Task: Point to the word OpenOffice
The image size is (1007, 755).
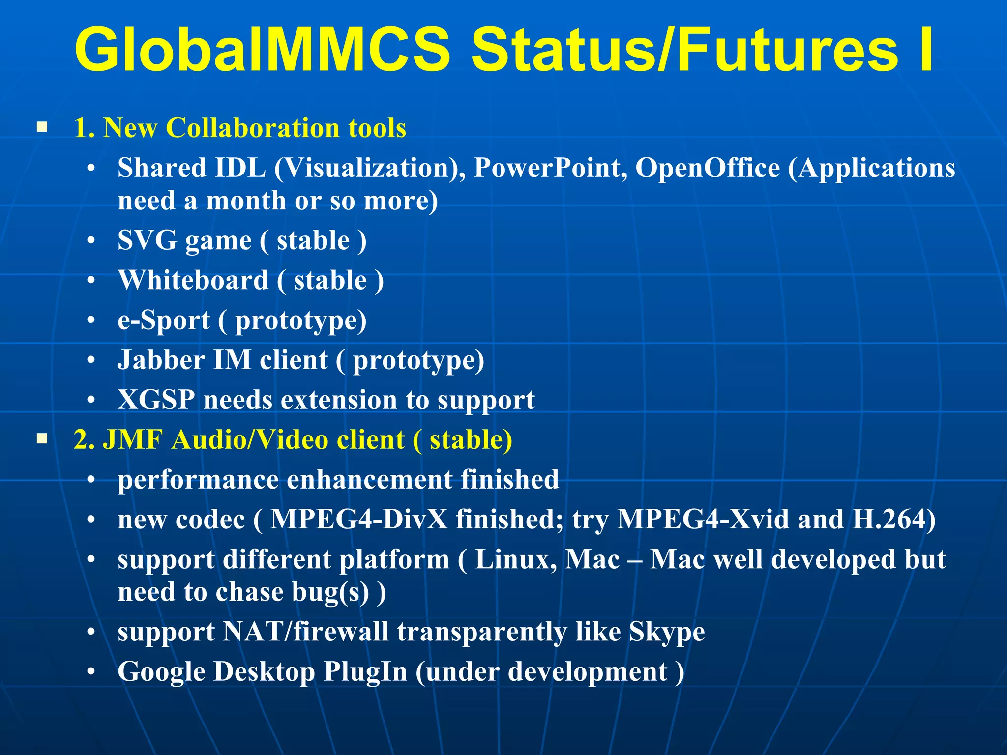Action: coord(708,168)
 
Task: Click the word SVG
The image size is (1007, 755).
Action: coord(147,240)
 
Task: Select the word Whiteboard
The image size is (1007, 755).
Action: coord(194,280)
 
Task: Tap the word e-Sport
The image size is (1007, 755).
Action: coord(164,320)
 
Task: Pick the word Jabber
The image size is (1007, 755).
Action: coord(161,360)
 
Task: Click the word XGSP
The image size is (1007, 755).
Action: coord(156,400)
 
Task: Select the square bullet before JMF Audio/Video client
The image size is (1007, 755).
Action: coord(42,438)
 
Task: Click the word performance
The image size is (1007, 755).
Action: coord(198,480)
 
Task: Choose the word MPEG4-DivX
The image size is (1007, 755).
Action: coord(359,520)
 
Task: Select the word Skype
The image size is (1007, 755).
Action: coord(667,632)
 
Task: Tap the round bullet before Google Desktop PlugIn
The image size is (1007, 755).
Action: coord(91,672)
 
